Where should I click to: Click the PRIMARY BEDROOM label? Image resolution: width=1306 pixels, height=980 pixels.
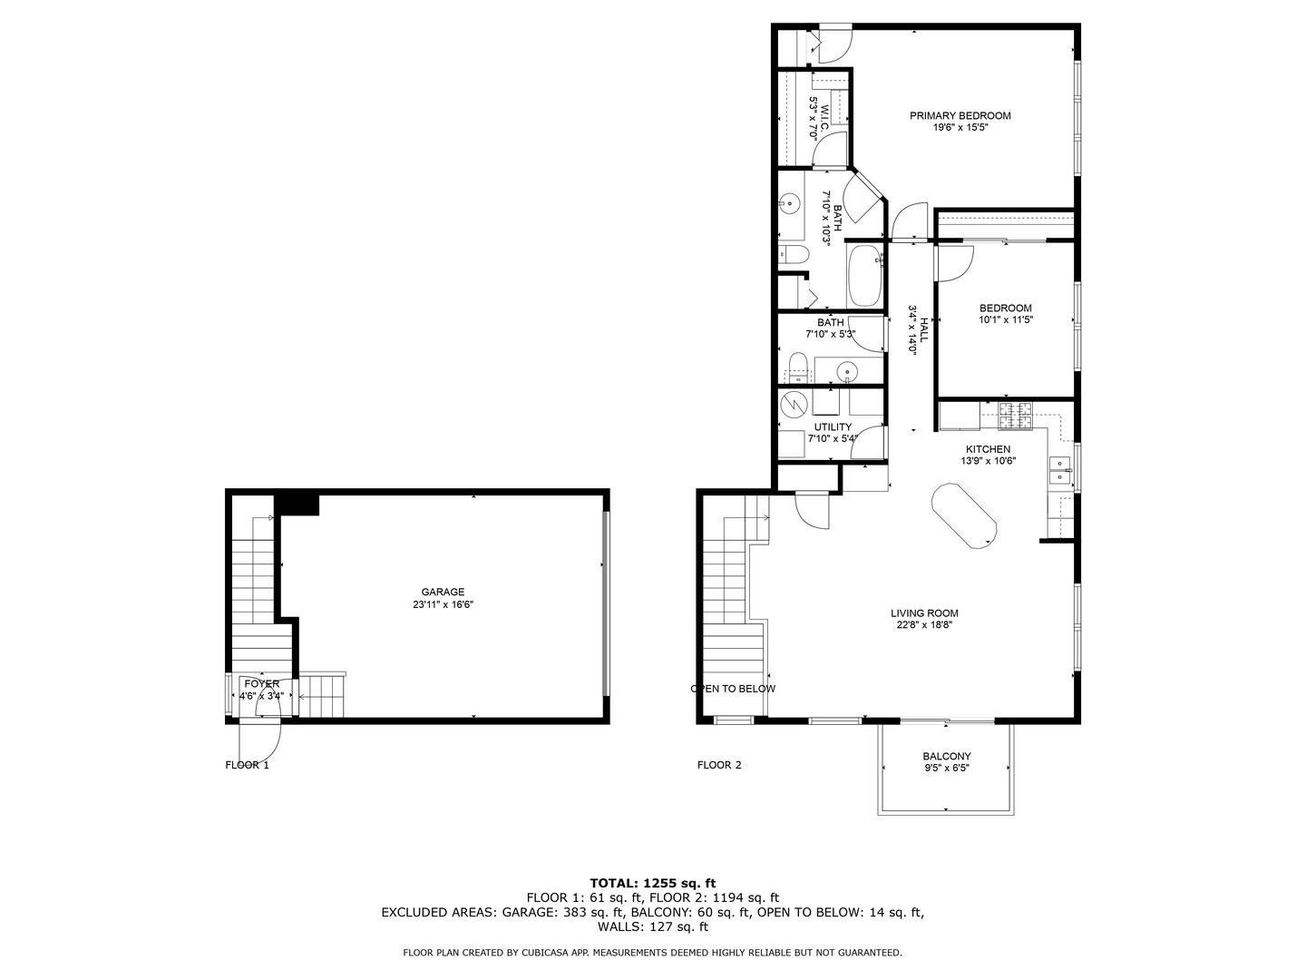(x=960, y=115)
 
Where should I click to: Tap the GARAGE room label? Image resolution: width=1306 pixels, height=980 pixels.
(x=443, y=592)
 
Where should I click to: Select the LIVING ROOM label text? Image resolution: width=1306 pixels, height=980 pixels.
(x=924, y=612)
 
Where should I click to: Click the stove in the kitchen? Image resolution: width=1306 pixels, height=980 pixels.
(x=1016, y=416)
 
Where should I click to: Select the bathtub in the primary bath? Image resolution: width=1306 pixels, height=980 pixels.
(x=864, y=276)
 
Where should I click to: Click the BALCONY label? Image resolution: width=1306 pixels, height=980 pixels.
(x=947, y=756)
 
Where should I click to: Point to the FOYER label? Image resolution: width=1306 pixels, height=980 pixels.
(x=261, y=683)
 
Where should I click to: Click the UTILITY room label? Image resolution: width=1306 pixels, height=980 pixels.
(x=833, y=426)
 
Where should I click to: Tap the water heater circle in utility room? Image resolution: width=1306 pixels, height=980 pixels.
(x=794, y=403)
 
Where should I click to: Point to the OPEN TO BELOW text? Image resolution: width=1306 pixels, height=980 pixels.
(x=734, y=688)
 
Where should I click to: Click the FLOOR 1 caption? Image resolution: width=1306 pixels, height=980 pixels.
(x=247, y=765)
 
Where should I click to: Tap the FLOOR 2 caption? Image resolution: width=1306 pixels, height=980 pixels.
(x=719, y=765)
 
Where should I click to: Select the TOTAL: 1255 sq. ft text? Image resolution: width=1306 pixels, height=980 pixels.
(x=652, y=882)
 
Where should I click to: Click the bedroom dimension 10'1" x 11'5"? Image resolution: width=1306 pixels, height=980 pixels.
(x=1006, y=319)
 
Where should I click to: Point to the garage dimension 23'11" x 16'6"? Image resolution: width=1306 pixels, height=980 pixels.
(x=443, y=604)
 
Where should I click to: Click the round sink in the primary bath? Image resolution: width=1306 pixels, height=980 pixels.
(x=791, y=203)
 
